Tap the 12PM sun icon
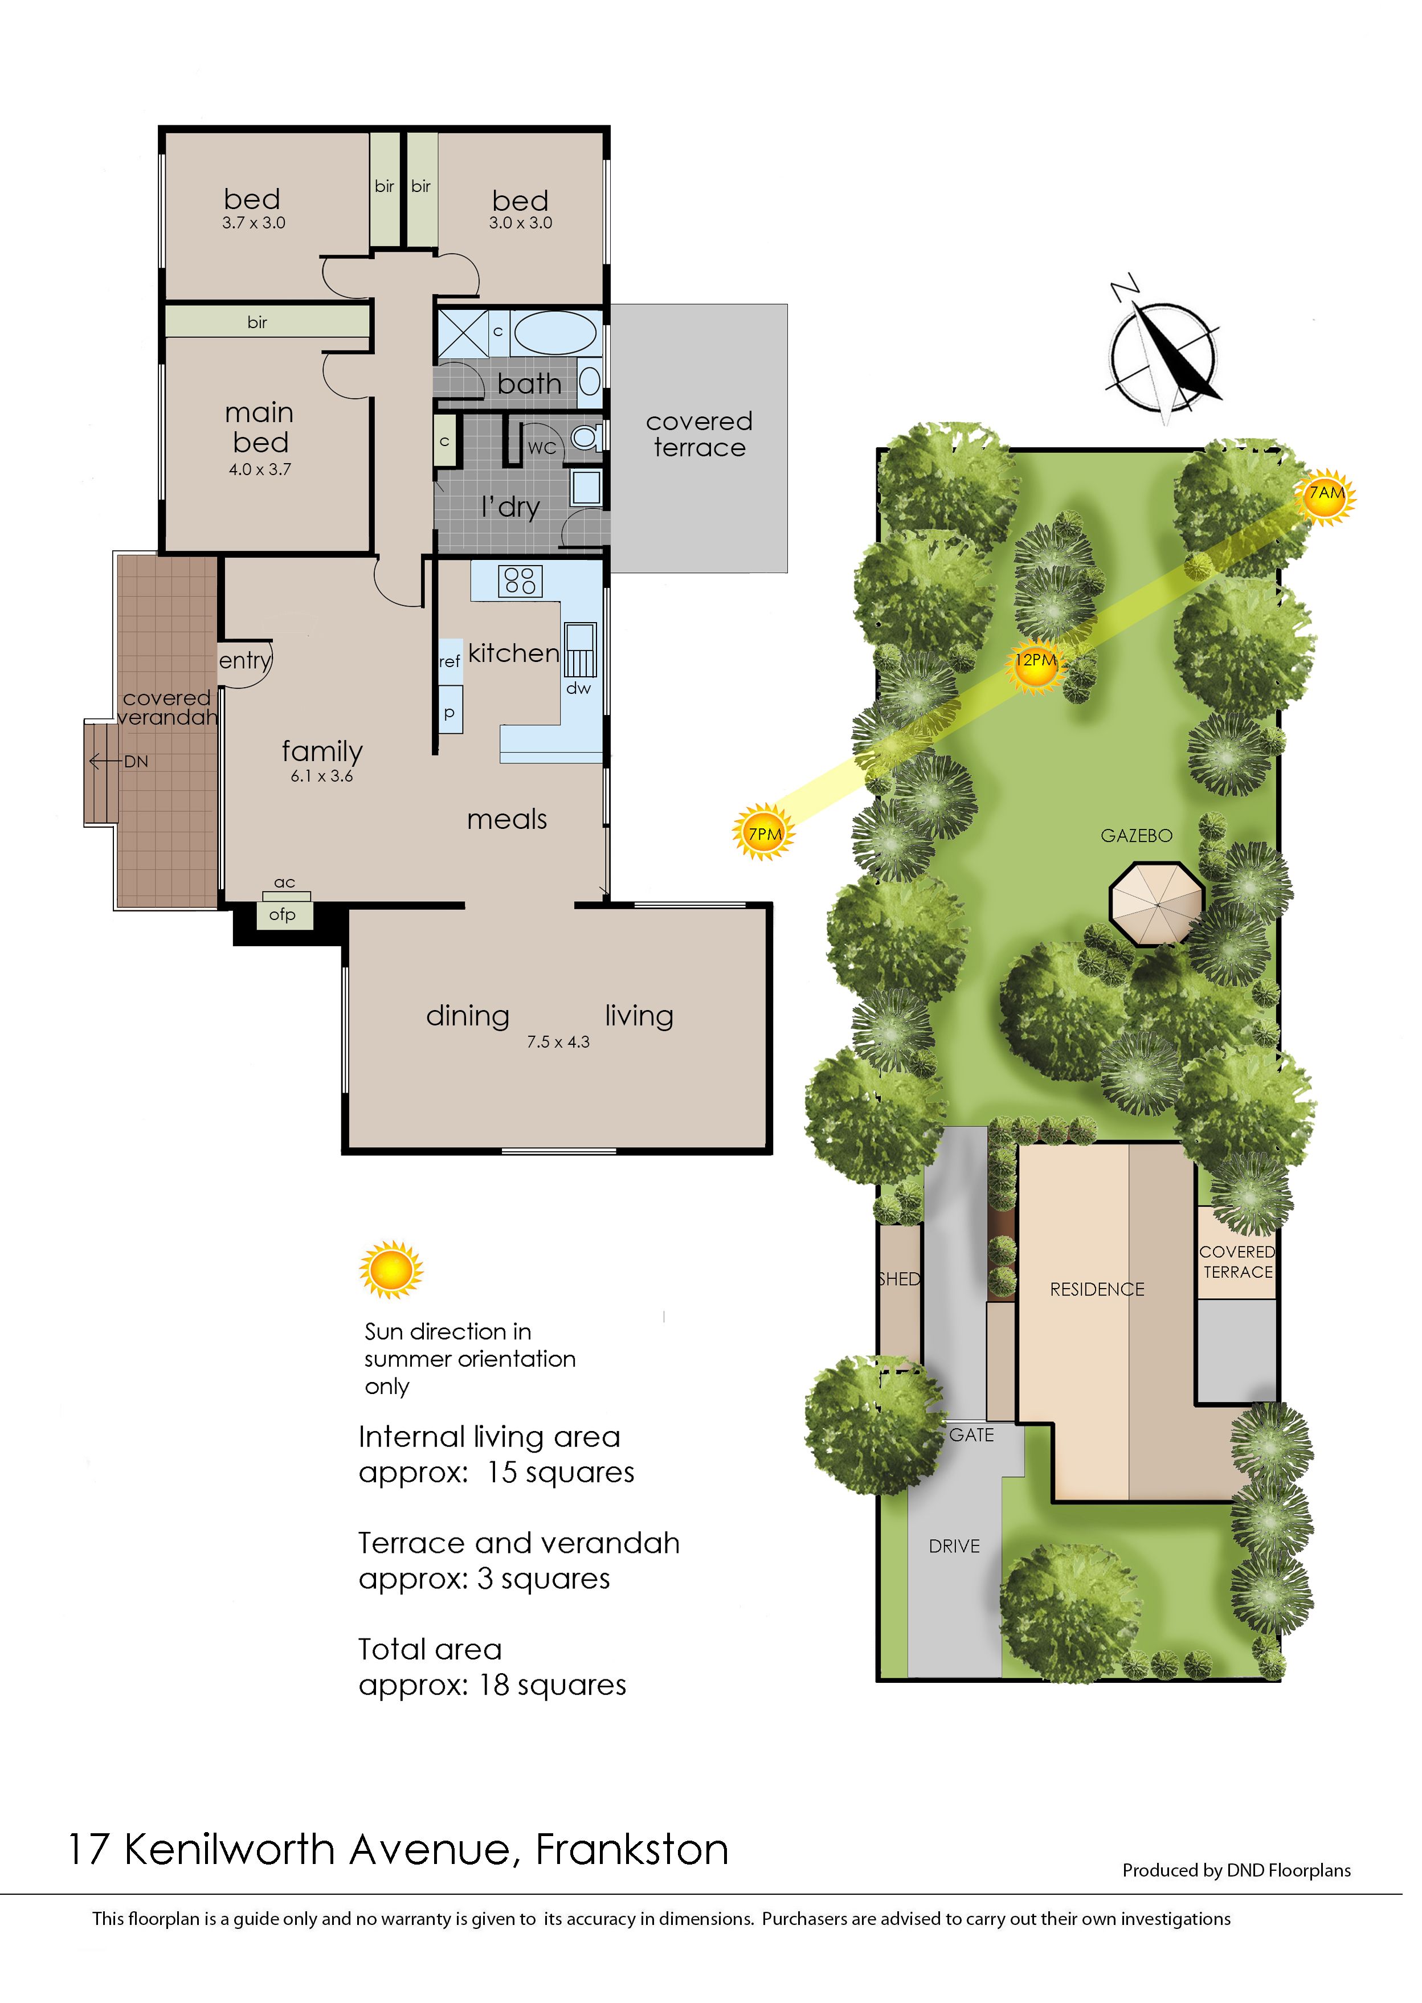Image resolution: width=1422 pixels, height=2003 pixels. tap(1035, 662)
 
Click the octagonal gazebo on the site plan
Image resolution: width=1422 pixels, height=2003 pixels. tap(1157, 904)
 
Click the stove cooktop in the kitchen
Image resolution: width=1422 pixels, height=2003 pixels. tap(520, 581)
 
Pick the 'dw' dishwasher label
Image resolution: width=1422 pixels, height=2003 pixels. tap(579, 688)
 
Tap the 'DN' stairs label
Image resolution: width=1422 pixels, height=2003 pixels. tap(136, 762)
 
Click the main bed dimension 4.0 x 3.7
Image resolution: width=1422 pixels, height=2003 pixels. tap(260, 469)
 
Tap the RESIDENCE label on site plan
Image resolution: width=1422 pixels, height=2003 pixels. tap(1097, 1290)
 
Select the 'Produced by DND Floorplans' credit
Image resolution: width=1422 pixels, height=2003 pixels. tap(1236, 1870)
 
